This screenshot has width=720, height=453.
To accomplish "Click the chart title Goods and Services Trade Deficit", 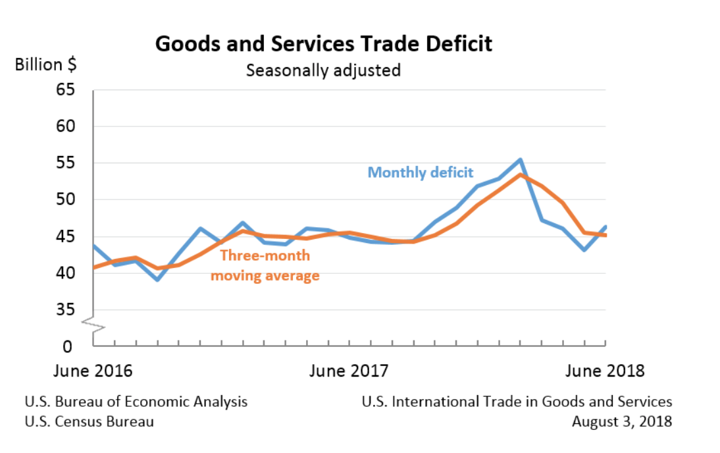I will tap(323, 44).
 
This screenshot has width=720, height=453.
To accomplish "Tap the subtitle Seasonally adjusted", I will tap(323, 70).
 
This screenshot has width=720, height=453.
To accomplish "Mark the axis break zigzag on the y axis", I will tap(93, 325).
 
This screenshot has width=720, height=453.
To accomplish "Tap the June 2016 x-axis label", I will tap(93, 371).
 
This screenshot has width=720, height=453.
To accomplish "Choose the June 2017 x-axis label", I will tap(349, 371).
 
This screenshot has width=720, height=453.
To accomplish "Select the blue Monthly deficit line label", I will tap(420, 173).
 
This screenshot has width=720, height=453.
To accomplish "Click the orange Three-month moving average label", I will tap(265, 265).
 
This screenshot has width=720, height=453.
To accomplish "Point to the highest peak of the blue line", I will tap(520, 159).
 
